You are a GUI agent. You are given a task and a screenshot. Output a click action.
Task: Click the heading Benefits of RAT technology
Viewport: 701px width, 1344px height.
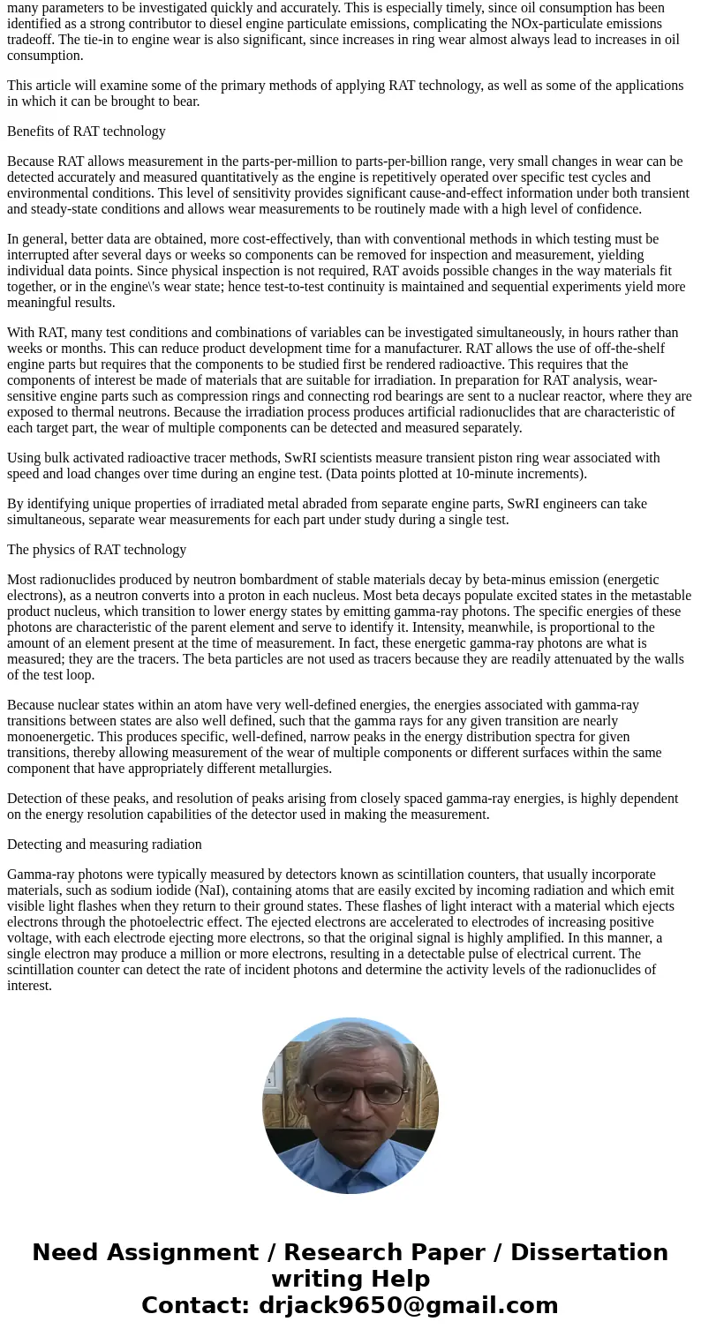pyautogui.click(x=87, y=131)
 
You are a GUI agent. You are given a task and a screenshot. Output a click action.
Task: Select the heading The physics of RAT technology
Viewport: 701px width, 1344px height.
pyautogui.click(x=96, y=550)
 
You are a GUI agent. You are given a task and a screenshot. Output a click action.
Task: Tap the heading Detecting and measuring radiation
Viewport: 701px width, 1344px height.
pyautogui.click(x=104, y=845)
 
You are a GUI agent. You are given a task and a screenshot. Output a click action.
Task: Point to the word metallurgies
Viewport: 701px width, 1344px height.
pyautogui.click(x=293, y=769)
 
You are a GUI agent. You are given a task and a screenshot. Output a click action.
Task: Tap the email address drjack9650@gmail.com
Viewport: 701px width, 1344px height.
pyautogui.click(x=408, y=1305)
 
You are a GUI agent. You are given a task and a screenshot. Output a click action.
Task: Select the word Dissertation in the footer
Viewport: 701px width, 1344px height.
pyautogui.click(x=589, y=1253)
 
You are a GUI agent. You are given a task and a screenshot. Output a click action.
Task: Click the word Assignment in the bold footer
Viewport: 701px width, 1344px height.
pyautogui.click(x=184, y=1253)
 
